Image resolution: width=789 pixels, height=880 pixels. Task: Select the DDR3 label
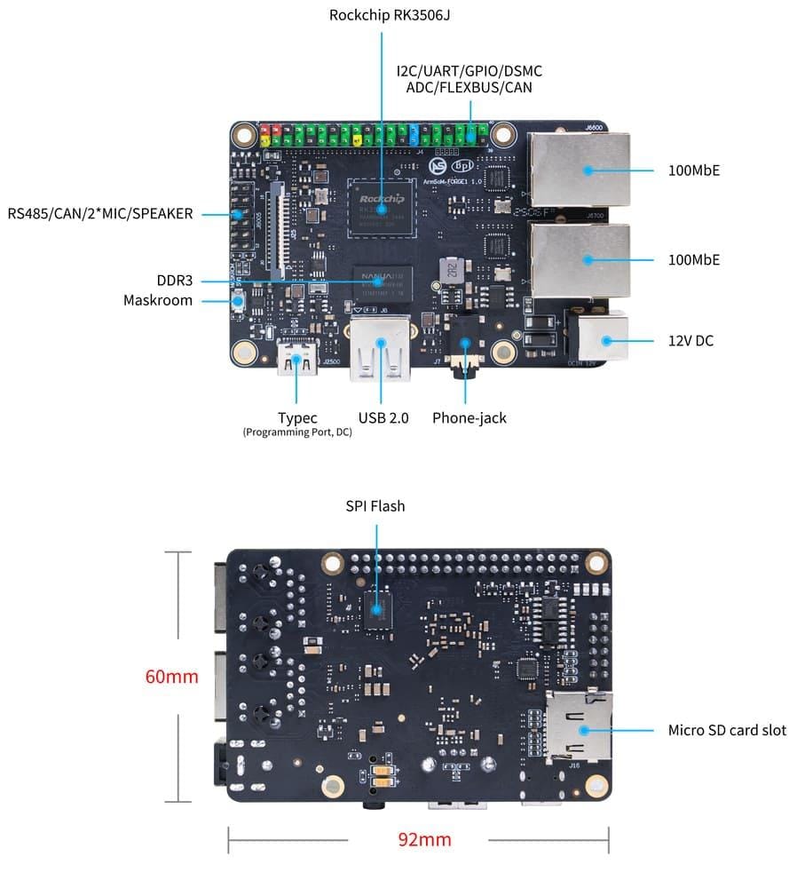pyautogui.click(x=174, y=281)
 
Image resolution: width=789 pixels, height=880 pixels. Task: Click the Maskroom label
pyautogui.click(x=158, y=300)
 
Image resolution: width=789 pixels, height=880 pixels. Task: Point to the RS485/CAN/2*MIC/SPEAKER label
pyautogui.click(x=100, y=213)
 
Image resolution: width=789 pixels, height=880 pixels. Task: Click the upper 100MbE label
pyautogui.click(x=693, y=170)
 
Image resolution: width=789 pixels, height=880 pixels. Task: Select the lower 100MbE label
pyautogui.click(x=693, y=259)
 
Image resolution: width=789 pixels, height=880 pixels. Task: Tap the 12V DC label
pyautogui.click(x=690, y=340)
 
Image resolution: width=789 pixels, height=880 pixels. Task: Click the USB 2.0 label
pyautogui.click(x=383, y=417)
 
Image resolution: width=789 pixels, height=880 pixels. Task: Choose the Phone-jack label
pyautogui.click(x=469, y=417)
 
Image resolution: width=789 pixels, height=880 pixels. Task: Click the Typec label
pyautogui.click(x=297, y=417)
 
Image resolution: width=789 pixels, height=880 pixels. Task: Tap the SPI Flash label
pyautogui.click(x=375, y=506)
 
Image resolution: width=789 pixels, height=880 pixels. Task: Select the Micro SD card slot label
pyautogui.click(x=726, y=730)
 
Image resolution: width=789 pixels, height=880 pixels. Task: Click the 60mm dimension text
pyautogui.click(x=171, y=677)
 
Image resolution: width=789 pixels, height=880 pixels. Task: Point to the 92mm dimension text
pyautogui.click(x=423, y=839)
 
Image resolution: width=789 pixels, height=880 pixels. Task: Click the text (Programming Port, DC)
pyautogui.click(x=296, y=432)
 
